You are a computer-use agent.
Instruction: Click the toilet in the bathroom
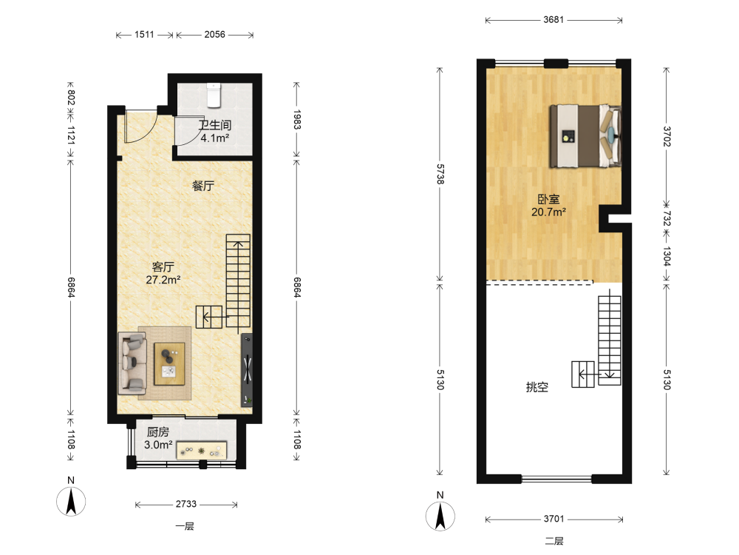[x=214, y=95]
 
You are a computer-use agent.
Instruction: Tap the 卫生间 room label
[x=215, y=125]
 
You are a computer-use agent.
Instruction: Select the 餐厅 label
[x=203, y=186]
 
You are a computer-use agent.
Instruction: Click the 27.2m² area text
[x=163, y=280]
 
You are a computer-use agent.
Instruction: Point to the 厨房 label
[x=158, y=432]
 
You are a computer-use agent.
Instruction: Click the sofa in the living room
[x=132, y=363]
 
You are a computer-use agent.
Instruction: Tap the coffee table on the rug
[x=170, y=364]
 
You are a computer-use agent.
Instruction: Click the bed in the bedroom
[x=585, y=136]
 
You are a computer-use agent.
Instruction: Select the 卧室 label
[x=548, y=199]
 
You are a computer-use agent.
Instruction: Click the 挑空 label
[x=537, y=388]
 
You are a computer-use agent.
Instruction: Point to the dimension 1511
[x=144, y=35]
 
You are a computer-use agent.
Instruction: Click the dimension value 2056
[x=215, y=35]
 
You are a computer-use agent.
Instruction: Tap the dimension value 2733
[x=186, y=504]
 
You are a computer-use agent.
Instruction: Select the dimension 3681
[x=554, y=20]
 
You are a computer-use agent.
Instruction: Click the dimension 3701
[x=554, y=519]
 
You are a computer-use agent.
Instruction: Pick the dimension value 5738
[x=440, y=174]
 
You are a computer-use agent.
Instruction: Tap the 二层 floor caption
[x=554, y=541]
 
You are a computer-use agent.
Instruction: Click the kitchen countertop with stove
[x=202, y=450]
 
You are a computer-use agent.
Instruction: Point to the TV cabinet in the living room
[x=247, y=371]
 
